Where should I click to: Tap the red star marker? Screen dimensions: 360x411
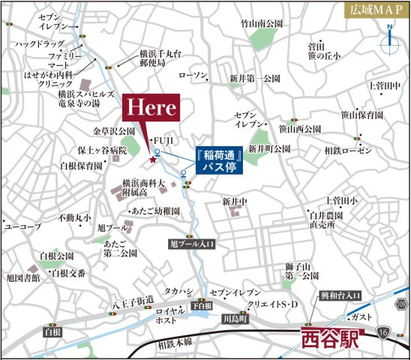pyautogui.click(x=154, y=159)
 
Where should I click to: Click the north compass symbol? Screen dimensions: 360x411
pyautogui.click(x=390, y=43)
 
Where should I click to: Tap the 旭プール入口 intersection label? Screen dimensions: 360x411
pyautogui.click(x=193, y=244)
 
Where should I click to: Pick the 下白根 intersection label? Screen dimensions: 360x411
pyautogui.click(x=200, y=305)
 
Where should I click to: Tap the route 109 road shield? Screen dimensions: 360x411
pyautogui.click(x=401, y=303)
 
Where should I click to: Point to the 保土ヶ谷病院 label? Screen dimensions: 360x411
pyautogui.click(x=103, y=151)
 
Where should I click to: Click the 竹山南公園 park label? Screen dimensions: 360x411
pyautogui.click(x=261, y=25)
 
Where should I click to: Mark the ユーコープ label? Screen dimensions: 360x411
pyautogui.click(x=22, y=226)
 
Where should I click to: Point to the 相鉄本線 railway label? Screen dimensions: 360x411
pyautogui.click(x=175, y=343)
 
